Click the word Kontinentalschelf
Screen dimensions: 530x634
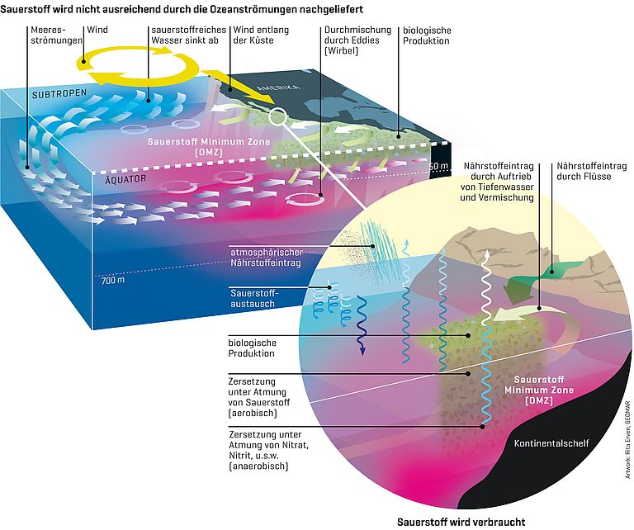[x=551, y=443]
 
